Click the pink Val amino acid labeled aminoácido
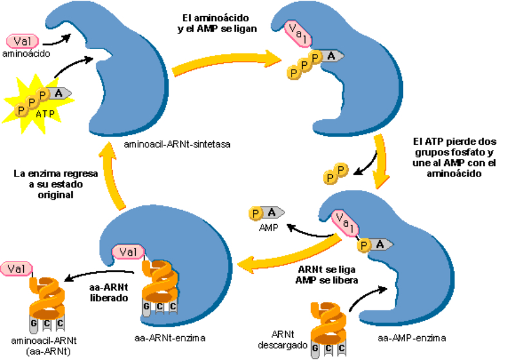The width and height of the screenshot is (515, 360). [22, 41]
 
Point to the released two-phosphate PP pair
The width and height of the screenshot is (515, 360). [335, 173]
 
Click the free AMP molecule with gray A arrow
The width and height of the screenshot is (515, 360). [268, 213]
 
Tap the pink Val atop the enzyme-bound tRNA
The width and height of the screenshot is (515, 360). [127, 252]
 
